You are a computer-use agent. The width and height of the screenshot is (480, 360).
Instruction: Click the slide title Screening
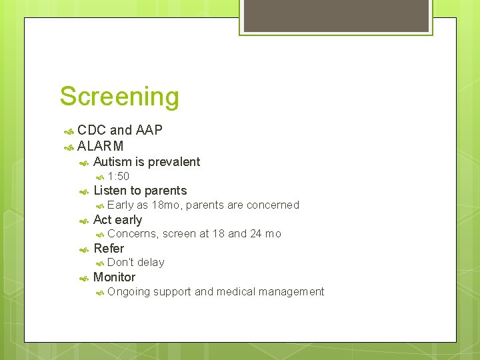click(119, 97)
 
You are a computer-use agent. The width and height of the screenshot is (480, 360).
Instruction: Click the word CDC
click(91, 130)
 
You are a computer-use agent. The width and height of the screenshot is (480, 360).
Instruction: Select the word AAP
click(149, 130)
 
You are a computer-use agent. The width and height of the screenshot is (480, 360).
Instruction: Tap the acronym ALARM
click(101, 146)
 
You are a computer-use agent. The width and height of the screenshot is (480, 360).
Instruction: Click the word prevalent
click(174, 162)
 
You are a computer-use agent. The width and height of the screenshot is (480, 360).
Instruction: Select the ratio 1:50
click(118, 177)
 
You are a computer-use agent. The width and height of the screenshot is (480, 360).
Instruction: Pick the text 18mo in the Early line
click(165, 205)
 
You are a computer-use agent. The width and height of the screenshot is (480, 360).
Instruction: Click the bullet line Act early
click(117, 219)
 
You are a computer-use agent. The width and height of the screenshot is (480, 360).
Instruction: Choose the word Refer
click(109, 249)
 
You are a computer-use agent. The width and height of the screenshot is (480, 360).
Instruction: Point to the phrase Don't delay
click(135, 263)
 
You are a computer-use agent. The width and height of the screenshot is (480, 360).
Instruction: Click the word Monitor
click(114, 277)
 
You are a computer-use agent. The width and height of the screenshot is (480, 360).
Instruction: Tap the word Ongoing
click(128, 292)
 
